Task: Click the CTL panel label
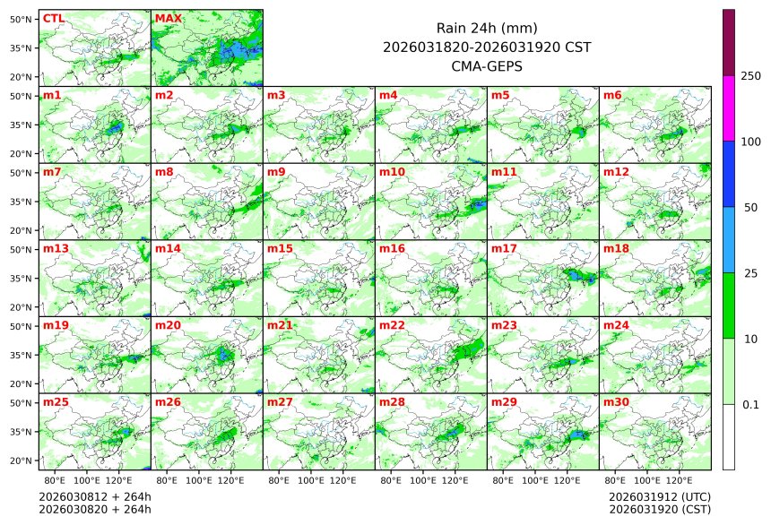53,18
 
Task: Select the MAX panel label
168,18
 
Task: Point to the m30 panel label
614,402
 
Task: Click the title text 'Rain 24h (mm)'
486,28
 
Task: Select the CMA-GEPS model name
486,65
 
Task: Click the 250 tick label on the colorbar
750,76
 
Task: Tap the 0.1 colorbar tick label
750,404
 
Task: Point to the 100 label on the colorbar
750,142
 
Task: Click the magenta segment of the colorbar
729,108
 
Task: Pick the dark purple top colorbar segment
729,42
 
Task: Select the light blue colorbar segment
729,239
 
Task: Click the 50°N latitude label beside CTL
22,19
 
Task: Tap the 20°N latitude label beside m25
22,460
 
